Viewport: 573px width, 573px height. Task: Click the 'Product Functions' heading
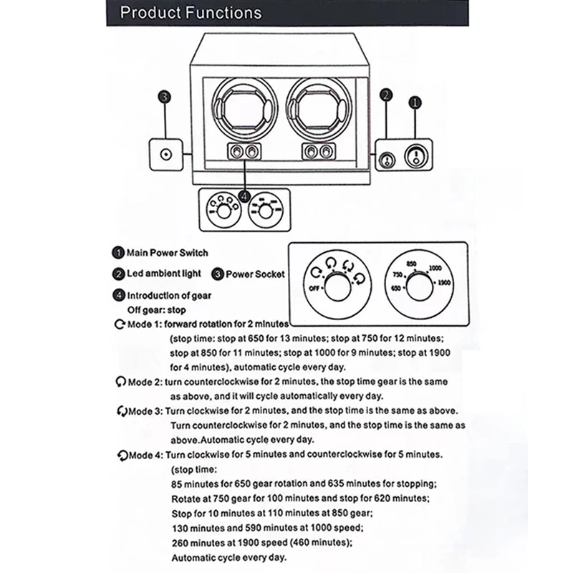click(190, 13)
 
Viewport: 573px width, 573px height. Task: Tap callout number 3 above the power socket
click(164, 97)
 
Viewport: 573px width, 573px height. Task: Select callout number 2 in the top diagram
click(387, 95)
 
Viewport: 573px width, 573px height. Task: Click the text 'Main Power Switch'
click(167, 252)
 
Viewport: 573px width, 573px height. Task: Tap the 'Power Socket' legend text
click(255, 274)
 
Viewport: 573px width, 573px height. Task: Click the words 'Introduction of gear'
click(169, 295)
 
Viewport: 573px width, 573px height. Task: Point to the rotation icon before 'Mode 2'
click(118, 382)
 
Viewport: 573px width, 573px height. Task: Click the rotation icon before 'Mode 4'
click(118, 455)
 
